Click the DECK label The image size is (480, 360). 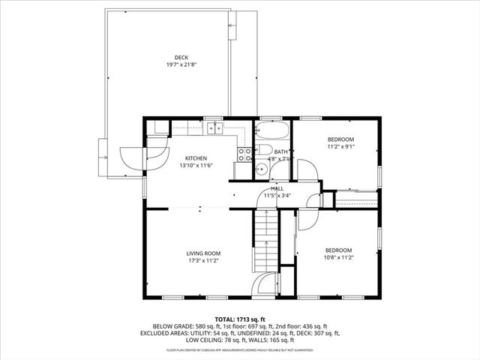coord(181,57)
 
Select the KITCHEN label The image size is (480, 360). coord(196,158)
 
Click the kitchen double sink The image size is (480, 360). coord(216,127)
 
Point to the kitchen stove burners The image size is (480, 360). coord(244,154)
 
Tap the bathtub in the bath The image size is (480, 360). coord(269,134)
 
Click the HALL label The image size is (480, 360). coord(277,188)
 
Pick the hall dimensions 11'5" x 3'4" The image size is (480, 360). coord(277,195)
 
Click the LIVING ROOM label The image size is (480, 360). coord(202,253)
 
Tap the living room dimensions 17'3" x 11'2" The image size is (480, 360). coord(202,260)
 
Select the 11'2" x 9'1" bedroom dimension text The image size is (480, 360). coord(340,147)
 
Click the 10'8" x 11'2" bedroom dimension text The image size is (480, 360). coord(338,256)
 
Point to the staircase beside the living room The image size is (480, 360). coord(265,240)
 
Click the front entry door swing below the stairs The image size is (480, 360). coord(263,285)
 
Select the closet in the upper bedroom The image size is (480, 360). coord(355,199)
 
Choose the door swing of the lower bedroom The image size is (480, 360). coord(307,218)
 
